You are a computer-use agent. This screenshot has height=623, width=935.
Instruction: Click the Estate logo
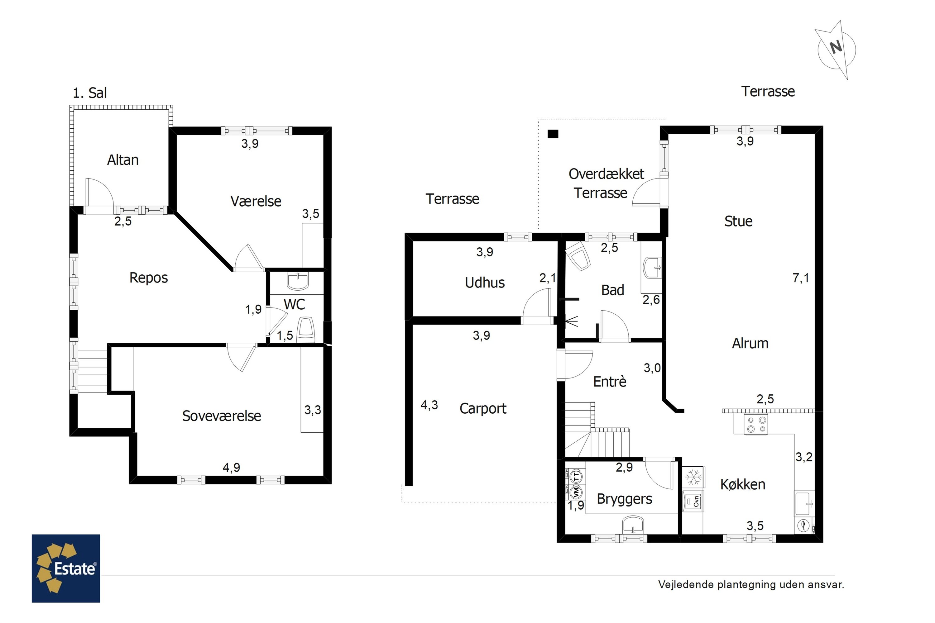[x=66, y=568]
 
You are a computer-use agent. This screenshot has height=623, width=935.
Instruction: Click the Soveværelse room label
[x=221, y=416]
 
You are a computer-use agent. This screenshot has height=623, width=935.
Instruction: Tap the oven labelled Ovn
[x=693, y=502]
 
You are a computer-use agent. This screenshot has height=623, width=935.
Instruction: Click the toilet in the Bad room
[x=578, y=255]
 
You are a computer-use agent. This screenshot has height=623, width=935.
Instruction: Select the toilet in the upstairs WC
[x=306, y=329]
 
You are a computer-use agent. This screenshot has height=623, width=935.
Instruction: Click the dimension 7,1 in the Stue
[x=801, y=278]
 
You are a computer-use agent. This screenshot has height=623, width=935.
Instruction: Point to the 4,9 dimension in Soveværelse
[x=231, y=467]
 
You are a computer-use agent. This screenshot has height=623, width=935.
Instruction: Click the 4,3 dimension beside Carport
[x=429, y=405]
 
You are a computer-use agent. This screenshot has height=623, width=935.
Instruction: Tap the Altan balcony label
[x=123, y=160]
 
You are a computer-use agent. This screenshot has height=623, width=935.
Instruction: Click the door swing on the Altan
[x=100, y=193]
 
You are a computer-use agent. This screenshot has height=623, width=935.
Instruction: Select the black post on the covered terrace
[x=553, y=134]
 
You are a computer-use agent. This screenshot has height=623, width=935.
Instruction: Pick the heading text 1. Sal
[x=89, y=93]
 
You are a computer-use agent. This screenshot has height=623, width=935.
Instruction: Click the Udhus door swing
[x=537, y=303]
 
